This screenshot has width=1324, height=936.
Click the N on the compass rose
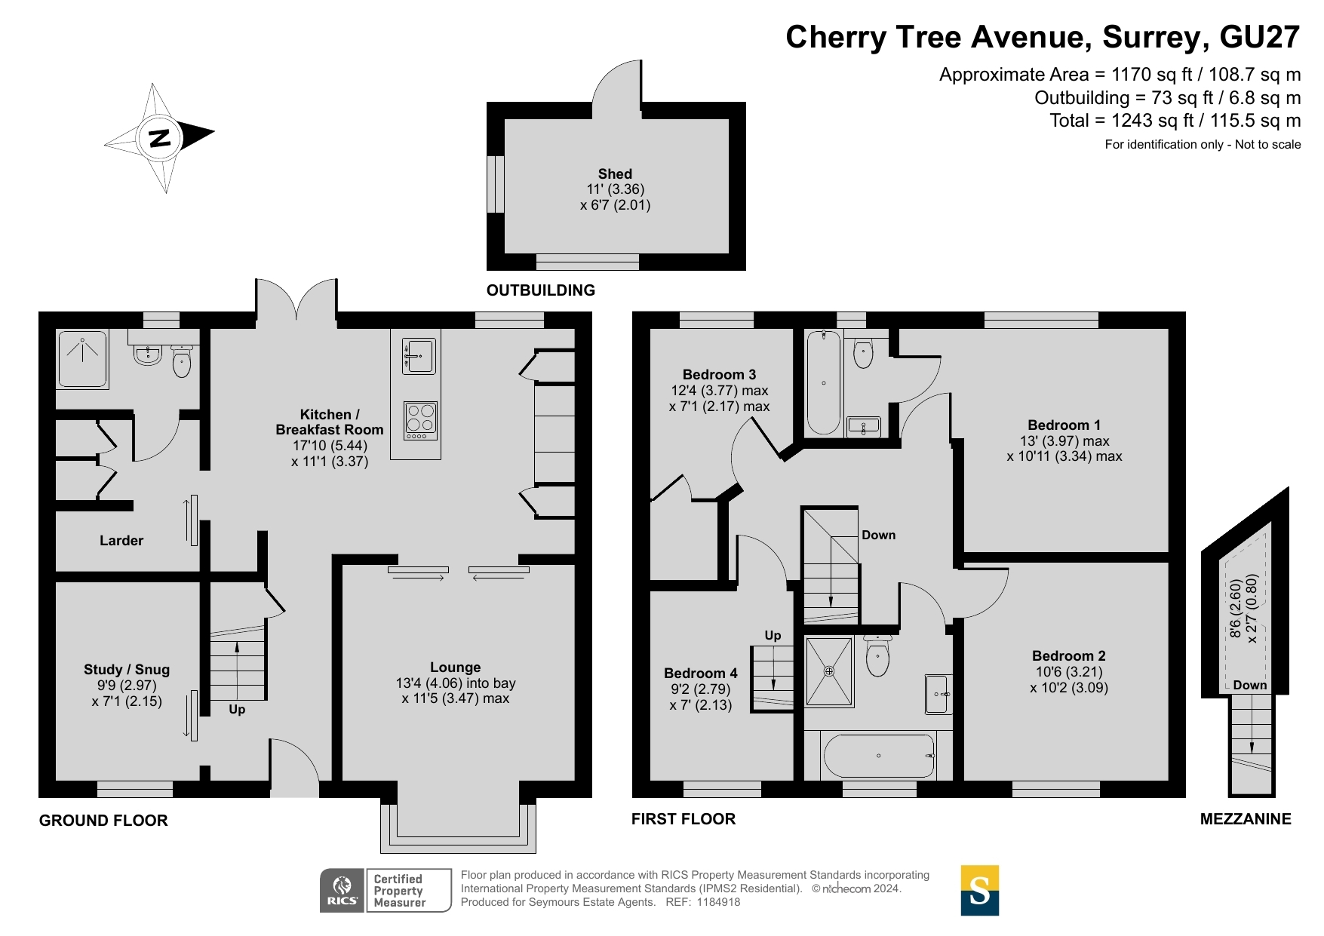pyautogui.click(x=160, y=138)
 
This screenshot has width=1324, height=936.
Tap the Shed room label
pyautogui.click(x=615, y=173)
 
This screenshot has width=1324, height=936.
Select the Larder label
pyautogui.click(x=121, y=540)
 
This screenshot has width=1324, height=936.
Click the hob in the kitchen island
pyautogui.click(x=420, y=420)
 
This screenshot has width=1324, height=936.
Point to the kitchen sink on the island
pyautogui.click(x=419, y=355)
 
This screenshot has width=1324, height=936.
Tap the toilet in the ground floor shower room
pyautogui.click(x=182, y=361)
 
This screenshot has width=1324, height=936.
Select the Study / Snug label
pyautogui.click(x=127, y=669)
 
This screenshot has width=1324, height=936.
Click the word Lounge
pyautogui.click(x=455, y=667)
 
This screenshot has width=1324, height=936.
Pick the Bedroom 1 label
pyautogui.click(x=1064, y=425)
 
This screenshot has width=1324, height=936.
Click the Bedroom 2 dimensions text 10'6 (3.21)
pyautogui.click(x=1069, y=671)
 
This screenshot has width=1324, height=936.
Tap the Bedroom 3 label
pyautogui.click(x=719, y=374)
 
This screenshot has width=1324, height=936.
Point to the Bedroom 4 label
pyautogui.click(x=701, y=673)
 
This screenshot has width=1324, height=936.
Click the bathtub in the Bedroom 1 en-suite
pyautogui.click(x=823, y=382)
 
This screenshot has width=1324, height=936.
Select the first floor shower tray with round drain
pyautogui.click(x=829, y=671)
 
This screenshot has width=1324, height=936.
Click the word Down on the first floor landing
pyautogui.click(x=879, y=535)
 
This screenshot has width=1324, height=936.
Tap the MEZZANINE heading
pyautogui.click(x=1246, y=818)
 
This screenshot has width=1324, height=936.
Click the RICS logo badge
pyautogui.click(x=343, y=891)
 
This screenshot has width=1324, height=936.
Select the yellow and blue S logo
pyautogui.click(x=979, y=891)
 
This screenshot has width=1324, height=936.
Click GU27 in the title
pyautogui.click(x=1259, y=37)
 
